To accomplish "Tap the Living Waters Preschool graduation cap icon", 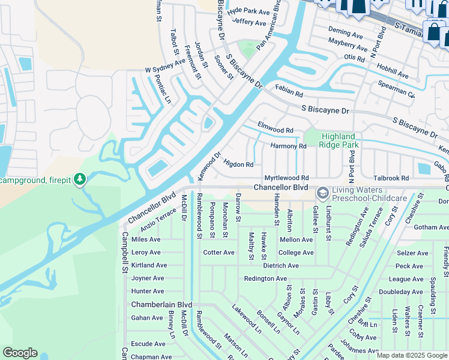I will click(x=322, y=193).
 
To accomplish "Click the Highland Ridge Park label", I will click(x=339, y=140).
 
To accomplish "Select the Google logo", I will click(x=20, y=353).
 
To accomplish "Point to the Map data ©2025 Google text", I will click(x=411, y=355).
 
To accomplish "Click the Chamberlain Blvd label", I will click(x=162, y=305).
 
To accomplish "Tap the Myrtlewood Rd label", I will click(x=287, y=178).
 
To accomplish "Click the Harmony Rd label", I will click(x=289, y=146).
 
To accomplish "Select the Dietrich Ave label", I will click(x=280, y=265).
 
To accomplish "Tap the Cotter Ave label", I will click(x=218, y=253).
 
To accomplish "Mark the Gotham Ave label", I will click(x=431, y=227).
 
